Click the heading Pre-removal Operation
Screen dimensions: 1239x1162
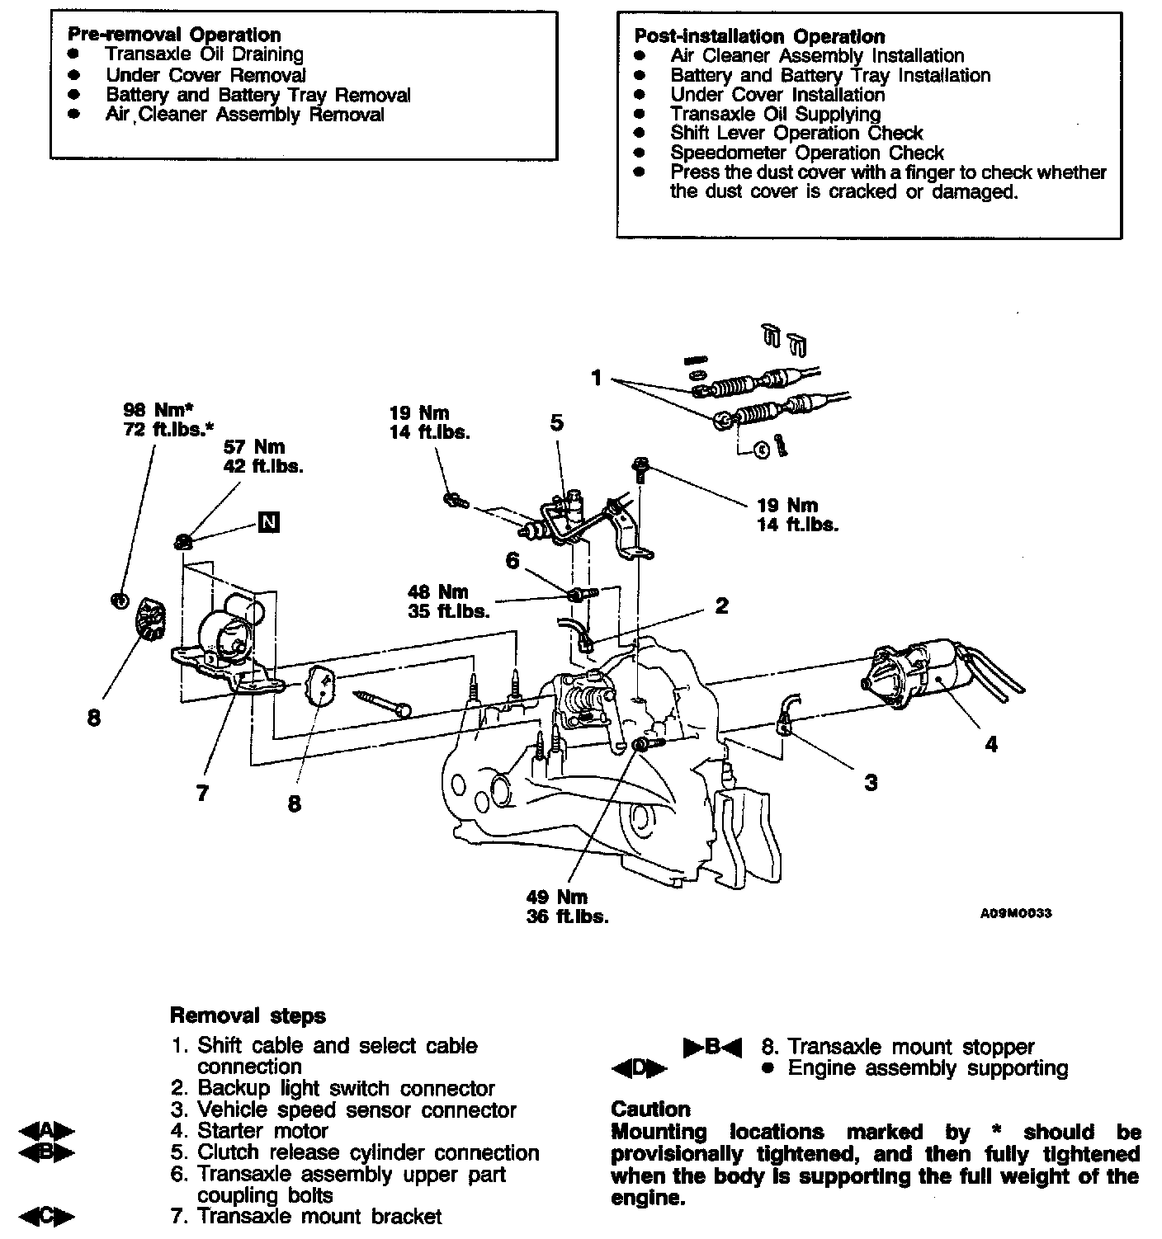point(174,35)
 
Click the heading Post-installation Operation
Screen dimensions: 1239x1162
point(759,36)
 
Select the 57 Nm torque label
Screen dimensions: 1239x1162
point(254,447)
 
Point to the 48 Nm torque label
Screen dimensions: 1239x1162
point(437,592)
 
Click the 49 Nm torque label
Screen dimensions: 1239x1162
point(557,897)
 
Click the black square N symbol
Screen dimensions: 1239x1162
point(268,522)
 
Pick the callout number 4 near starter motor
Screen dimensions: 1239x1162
point(990,744)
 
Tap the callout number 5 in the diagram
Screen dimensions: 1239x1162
point(557,423)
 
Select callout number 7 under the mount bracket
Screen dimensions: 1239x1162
point(203,794)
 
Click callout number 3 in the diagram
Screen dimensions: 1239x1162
point(871,782)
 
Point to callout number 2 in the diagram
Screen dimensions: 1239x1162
point(722,606)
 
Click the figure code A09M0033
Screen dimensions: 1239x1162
point(1016,913)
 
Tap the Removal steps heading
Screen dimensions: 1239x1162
point(248,1015)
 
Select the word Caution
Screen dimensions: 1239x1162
point(651,1109)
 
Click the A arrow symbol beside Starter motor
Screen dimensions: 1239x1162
point(46,1131)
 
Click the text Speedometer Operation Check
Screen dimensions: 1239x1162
point(807,153)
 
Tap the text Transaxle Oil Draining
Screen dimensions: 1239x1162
point(205,54)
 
